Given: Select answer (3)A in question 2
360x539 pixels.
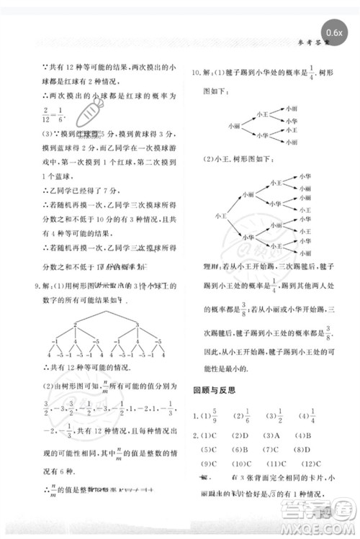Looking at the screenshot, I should point(274,435).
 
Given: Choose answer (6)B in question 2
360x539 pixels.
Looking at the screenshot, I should point(238,450).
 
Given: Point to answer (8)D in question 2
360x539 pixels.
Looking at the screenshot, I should point(312,450).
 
